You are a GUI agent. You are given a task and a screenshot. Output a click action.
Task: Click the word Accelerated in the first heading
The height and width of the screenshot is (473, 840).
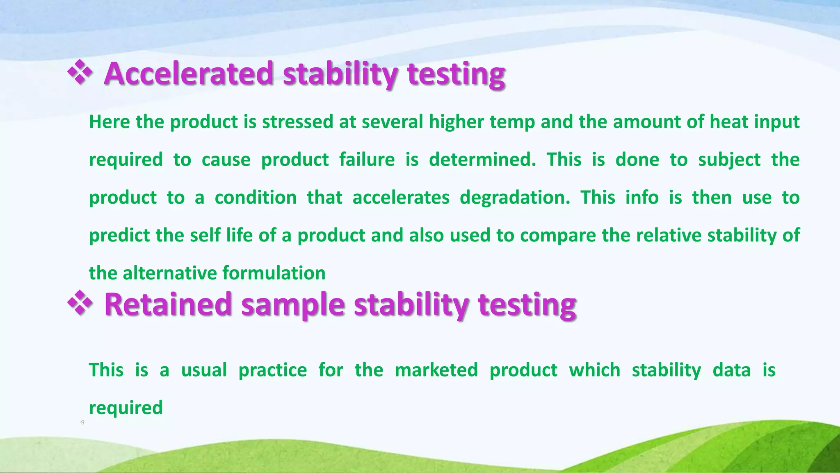[x=189, y=74]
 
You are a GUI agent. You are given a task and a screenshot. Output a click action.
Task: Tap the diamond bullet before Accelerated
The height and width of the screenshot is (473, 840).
[x=80, y=72]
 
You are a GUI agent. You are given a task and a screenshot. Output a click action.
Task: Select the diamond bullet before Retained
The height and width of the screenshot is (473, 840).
[x=80, y=303]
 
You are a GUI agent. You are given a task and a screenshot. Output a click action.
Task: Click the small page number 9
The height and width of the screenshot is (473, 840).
[x=82, y=422]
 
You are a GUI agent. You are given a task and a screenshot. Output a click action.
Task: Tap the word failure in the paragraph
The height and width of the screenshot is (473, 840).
[x=367, y=160]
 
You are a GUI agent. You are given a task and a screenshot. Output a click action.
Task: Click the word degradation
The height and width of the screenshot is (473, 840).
[x=514, y=198]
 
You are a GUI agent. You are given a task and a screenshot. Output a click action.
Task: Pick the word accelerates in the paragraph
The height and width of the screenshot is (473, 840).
[x=401, y=198]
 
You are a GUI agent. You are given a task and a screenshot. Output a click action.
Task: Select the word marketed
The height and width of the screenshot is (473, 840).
[x=436, y=370]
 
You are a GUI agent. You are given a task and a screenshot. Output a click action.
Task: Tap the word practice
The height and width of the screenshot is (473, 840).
[x=273, y=370]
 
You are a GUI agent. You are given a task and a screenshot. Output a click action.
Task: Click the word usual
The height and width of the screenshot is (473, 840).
[x=204, y=370]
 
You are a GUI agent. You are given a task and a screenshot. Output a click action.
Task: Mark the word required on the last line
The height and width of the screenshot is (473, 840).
[x=126, y=408]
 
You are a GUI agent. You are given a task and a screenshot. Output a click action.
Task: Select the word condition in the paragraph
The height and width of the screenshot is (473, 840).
[x=256, y=198]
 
